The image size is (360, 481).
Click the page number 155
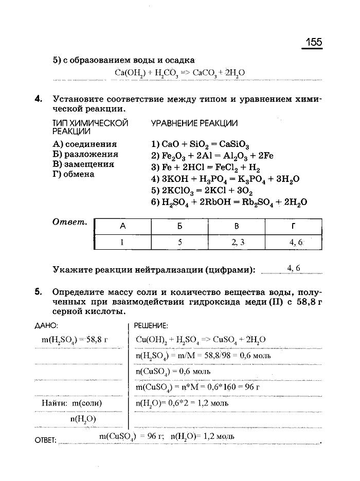[312, 43]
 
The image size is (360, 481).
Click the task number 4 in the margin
[38, 98]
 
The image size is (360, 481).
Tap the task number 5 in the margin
[38, 292]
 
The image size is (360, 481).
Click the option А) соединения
[85, 144]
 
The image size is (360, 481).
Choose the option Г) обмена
[74, 174]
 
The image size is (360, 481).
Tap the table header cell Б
[180, 226]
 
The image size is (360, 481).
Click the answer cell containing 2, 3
[237, 242]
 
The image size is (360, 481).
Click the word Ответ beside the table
[70, 222]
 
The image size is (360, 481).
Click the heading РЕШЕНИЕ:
[151, 325]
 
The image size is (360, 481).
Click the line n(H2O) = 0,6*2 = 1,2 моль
[182, 403]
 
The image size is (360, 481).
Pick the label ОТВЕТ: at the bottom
[45, 440]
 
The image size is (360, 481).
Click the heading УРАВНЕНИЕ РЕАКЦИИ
[194, 123]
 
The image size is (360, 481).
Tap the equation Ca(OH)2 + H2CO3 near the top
[179, 72]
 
